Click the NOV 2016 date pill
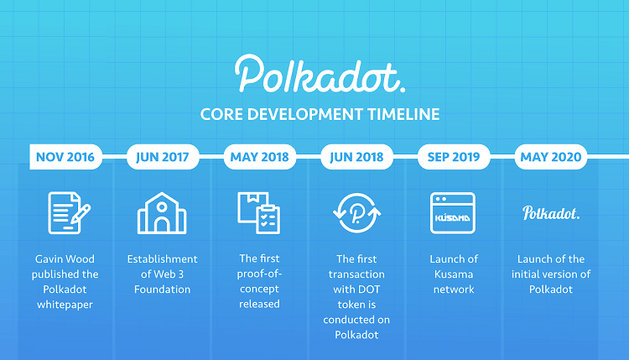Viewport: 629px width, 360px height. [x=65, y=157]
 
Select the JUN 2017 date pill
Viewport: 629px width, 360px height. [x=163, y=157]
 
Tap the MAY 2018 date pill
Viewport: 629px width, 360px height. [x=260, y=157]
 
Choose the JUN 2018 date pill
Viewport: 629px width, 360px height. [x=357, y=157]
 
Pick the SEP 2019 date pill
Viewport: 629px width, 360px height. [x=454, y=157]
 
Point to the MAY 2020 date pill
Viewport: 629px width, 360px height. [x=551, y=157]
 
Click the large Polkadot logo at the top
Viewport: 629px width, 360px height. [x=320, y=74]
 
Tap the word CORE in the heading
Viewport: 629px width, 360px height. [x=221, y=114]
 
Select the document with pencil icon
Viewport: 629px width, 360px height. [x=69, y=212]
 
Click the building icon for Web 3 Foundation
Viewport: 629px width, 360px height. [x=162, y=212]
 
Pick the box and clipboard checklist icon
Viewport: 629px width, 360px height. [x=259, y=212]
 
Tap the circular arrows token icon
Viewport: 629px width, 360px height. [x=356, y=212]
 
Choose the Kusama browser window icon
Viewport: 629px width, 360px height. [x=453, y=212]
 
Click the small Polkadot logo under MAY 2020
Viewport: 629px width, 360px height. [x=551, y=212]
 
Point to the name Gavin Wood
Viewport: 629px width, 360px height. [x=65, y=259]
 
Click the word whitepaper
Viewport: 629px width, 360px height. [x=65, y=305]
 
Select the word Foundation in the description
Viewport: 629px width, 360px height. [x=163, y=290]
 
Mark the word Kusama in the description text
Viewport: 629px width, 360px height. [x=454, y=274]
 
